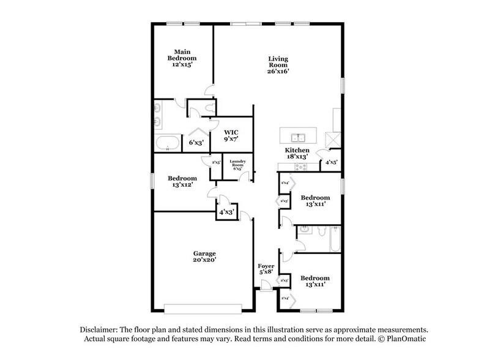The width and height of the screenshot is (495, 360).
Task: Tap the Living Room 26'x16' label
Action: [278, 64]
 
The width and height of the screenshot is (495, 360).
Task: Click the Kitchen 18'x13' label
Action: [297, 154]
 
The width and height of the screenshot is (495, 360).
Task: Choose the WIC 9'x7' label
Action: [231, 136]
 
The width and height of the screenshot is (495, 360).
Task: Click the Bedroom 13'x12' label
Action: [182, 182]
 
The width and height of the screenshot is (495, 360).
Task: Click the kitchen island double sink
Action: [298, 137]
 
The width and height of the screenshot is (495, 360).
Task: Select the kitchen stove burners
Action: [300, 167]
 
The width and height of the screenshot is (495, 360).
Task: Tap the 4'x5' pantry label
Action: [331, 163]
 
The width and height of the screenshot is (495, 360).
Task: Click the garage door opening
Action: [207, 308]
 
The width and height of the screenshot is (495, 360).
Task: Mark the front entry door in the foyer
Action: [265, 285]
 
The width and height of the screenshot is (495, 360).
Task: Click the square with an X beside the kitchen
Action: [331, 137]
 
